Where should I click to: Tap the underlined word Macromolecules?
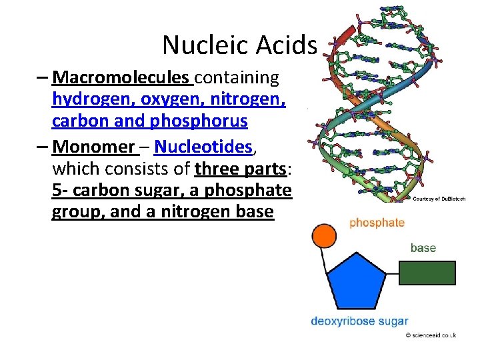[x=121, y=78]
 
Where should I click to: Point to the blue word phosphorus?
[x=205, y=122]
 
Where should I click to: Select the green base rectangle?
[x=427, y=272]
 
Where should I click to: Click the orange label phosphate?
[x=377, y=223]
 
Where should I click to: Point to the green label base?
[x=423, y=248]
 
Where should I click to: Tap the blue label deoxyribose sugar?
[x=359, y=321]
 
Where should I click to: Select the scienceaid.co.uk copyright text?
[x=431, y=336]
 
